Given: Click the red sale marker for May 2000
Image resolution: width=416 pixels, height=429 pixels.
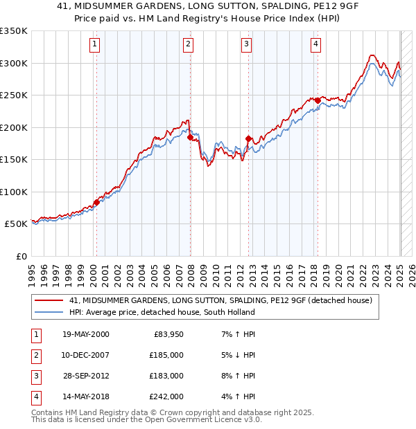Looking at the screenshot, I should (96, 202).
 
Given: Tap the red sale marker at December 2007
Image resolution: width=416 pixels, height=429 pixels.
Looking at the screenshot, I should (190, 138).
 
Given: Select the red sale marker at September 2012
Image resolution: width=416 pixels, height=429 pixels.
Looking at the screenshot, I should (248, 139).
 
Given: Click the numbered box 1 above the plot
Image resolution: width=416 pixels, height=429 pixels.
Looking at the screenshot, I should (94, 46).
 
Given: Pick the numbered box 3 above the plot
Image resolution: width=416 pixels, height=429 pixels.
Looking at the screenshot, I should (246, 46).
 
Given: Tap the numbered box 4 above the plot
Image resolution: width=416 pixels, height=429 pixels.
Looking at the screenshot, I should (315, 46).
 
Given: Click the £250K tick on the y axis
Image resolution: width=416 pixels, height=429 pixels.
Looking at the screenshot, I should (14, 95).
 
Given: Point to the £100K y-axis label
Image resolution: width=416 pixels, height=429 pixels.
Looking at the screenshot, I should (14, 192).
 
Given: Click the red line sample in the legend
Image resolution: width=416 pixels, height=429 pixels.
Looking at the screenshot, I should (49, 301).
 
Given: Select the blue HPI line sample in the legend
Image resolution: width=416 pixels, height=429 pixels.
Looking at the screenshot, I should (49, 312).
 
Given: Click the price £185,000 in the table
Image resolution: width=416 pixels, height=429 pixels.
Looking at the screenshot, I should (167, 355).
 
